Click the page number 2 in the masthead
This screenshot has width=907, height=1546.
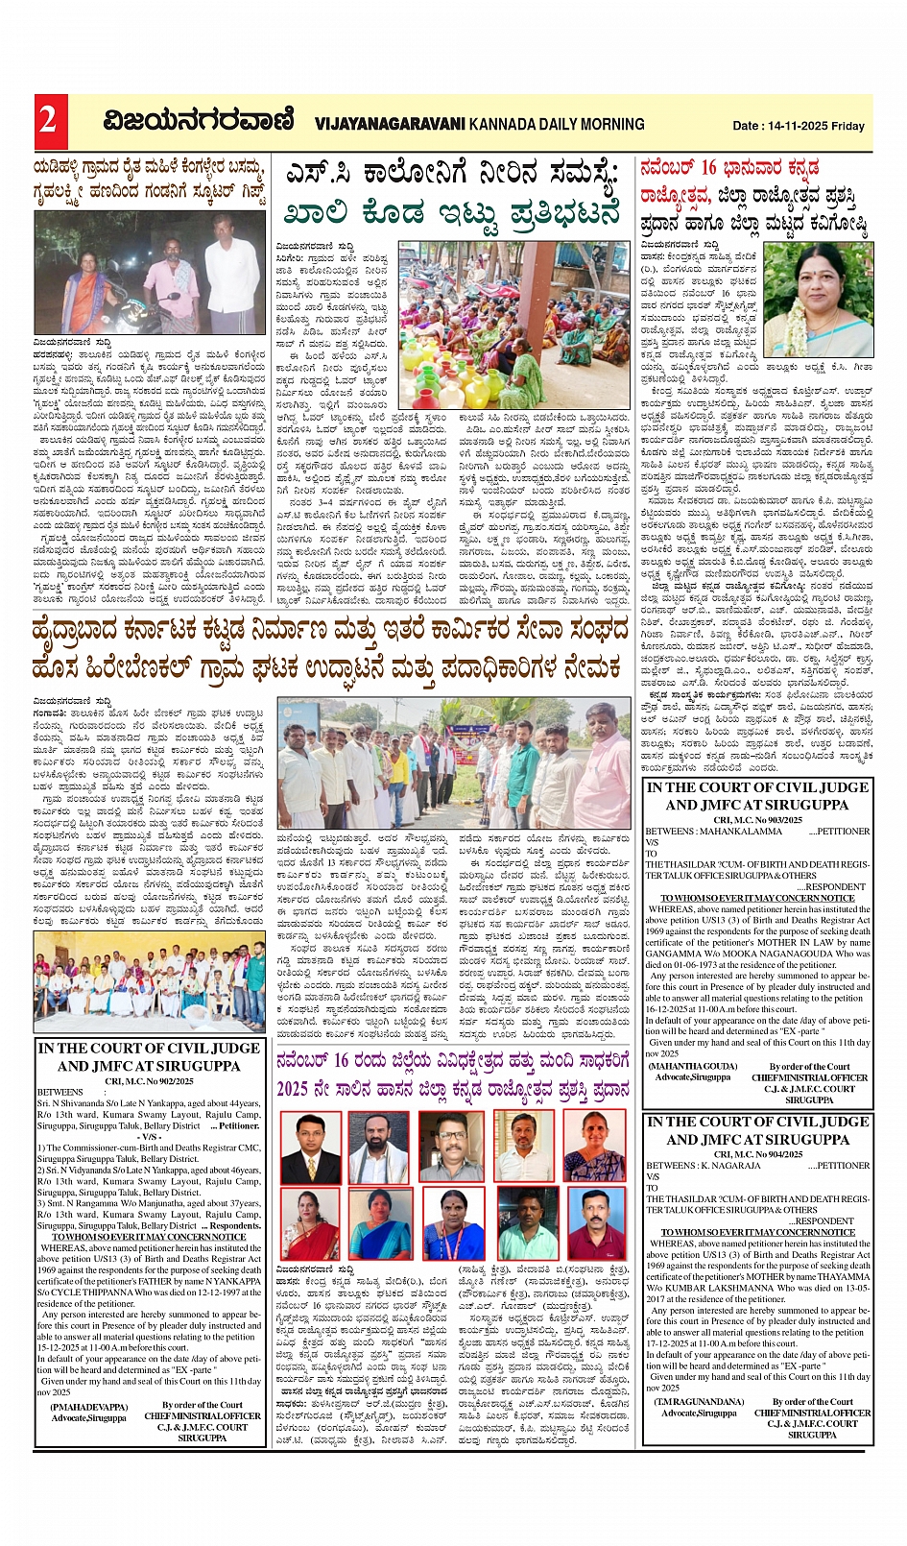pos(48,121)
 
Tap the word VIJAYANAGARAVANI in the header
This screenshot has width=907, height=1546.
pos(389,124)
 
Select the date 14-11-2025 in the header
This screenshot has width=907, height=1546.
pos(797,126)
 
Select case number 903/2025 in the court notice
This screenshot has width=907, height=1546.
pos(773,820)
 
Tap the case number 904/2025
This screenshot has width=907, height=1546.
pos(773,1154)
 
